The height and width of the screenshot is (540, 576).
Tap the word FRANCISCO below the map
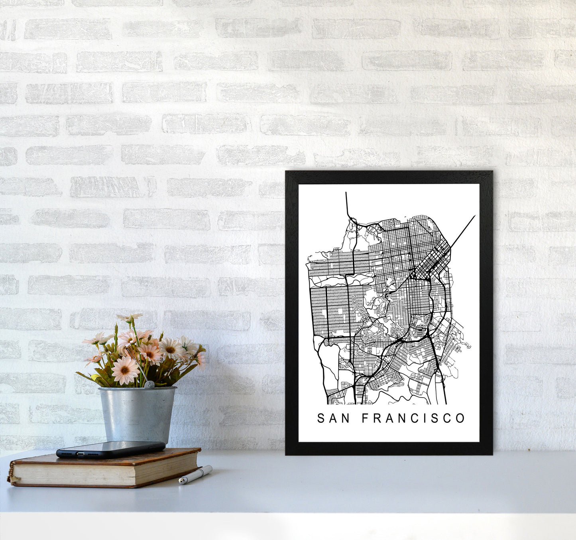(413, 418)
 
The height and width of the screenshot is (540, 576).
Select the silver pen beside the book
(195, 475)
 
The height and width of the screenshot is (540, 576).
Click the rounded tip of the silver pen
(181, 482)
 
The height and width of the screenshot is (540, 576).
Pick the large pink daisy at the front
(125, 370)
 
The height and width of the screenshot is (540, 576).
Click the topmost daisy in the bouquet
(130, 317)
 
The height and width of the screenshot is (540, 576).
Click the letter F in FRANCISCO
(366, 418)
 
